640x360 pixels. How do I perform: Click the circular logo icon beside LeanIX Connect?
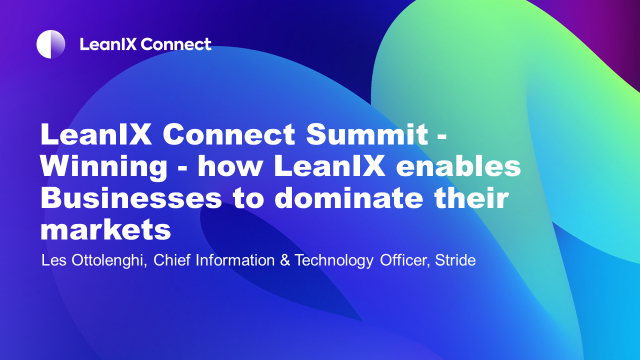point(51,44)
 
